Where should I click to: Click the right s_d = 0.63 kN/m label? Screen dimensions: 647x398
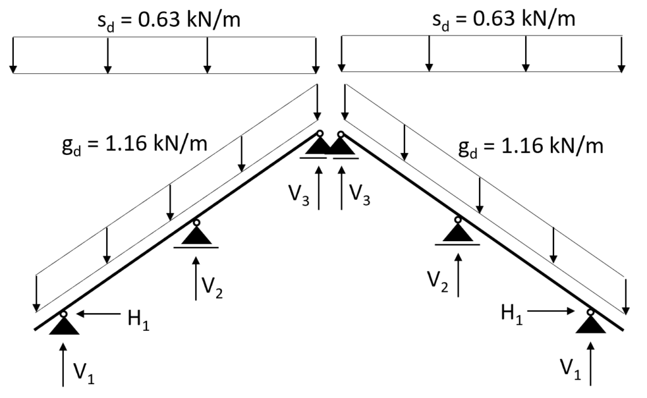click(x=504, y=19)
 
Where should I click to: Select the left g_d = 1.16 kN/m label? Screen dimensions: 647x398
click(x=135, y=145)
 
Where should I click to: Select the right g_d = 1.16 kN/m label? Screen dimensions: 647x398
click(x=531, y=147)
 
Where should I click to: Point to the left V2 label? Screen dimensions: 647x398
click(x=212, y=287)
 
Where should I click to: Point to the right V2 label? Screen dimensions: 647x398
click(x=438, y=282)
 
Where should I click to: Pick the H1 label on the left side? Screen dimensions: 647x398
click(x=138, y=319)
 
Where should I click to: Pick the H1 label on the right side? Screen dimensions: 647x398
click(x=512, y=313)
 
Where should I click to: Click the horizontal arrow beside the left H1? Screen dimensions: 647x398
click(x=99, y=314)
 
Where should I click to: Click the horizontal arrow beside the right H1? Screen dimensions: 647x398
click(x=551, y=311)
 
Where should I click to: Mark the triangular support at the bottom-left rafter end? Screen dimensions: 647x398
click(x=64, y=325)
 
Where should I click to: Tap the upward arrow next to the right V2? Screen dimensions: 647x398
click(x=458, y=275)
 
